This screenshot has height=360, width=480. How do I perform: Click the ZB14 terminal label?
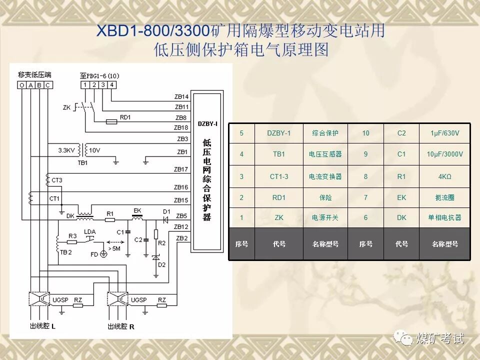(x=181, y=96)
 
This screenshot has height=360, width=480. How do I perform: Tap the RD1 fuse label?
(x=125, y=117)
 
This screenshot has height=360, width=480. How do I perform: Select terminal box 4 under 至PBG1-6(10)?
(x=112, y=85)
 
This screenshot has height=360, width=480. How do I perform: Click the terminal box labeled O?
(x=22, y=85)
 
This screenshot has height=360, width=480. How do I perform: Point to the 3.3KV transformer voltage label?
(x=66, y=150)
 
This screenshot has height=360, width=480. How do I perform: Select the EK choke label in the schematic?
(x=136, y=210)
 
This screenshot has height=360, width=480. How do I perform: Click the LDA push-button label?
(x=89, y=231)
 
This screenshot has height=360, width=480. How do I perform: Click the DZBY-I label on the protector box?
(x=207, y=123)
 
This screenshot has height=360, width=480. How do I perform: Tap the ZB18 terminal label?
(x=181, y=128)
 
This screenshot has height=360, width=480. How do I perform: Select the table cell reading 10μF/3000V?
(x=444, y=154)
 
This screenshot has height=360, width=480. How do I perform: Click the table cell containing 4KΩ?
(x=444, y=176)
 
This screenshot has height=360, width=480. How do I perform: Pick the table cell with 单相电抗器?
(x=444, y=217)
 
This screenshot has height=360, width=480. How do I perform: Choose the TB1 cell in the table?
(x=278, y=154)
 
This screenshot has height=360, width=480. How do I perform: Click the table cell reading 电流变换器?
(x=325, y=176)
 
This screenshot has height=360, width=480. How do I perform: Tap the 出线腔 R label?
(x=121, y=326)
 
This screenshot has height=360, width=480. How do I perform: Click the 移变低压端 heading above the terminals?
(x=34, y=75)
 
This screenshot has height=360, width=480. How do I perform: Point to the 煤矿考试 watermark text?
(x=439, y=338)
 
